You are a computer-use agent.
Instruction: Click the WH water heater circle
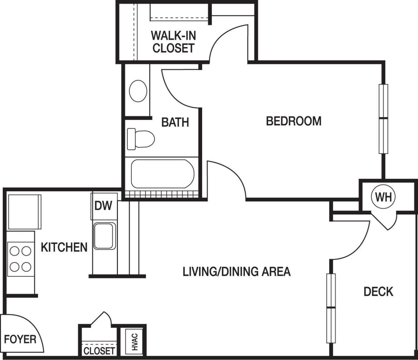[x=383, y=197]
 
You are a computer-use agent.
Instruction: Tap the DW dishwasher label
[x=103, y=206]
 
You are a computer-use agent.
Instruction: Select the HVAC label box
[x=134, y=342]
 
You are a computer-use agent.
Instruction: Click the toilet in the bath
[x=141, y=139]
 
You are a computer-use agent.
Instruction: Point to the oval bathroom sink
[x=138, y=91]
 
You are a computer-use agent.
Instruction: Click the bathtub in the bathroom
[x=162, y=174]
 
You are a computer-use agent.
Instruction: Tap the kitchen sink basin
[x=104, y=236]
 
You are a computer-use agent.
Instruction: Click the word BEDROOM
[x=294, y=121]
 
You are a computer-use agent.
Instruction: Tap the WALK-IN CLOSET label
[x=173, y=42]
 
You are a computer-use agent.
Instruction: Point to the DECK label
[x=378, y=291]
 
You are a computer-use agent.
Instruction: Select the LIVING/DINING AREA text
[x=236, y=272]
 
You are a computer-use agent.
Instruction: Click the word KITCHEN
[x=64, y=247]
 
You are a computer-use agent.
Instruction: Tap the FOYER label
[x=20, y=339]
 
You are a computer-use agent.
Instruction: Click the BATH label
[x=175, y=122]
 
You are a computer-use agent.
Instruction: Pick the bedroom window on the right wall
[x=383, y=119]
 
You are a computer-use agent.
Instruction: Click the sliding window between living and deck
[x=331, y=308]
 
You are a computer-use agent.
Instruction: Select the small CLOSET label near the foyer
[x=99, y=351]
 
